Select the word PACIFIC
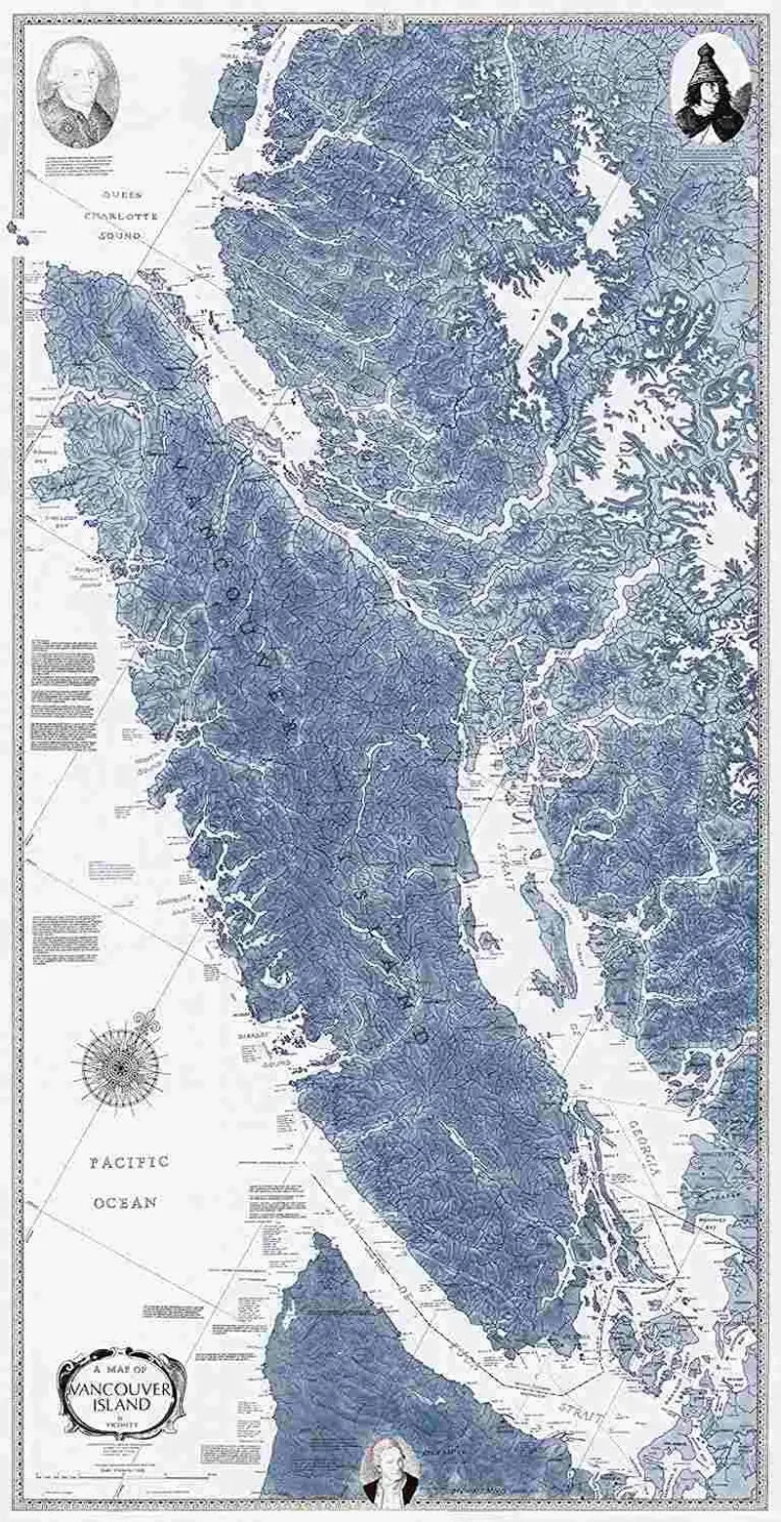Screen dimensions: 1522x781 [x=130, y=1162]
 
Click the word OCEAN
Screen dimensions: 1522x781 [x=125, y=1203]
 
